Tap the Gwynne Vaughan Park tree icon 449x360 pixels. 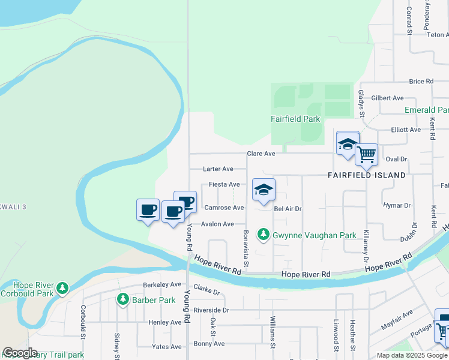[263, 234]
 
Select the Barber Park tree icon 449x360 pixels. [123, 299]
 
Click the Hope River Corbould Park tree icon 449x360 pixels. [62, 288]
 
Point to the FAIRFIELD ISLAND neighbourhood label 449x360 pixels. [367, 175]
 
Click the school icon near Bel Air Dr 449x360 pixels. [264, 190]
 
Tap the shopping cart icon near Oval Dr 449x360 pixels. [366, 155]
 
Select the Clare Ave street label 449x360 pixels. [261, 154]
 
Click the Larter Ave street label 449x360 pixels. [218, 169]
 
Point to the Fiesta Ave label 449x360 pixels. [224, 184]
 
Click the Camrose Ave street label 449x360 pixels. [224, 208]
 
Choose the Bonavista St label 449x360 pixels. [246, 250]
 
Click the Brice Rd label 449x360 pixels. [421, 81]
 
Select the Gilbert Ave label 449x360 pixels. [387, 98]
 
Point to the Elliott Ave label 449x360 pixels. [406, 129]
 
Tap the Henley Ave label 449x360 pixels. [164, 322]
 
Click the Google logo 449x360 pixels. [20, 353]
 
